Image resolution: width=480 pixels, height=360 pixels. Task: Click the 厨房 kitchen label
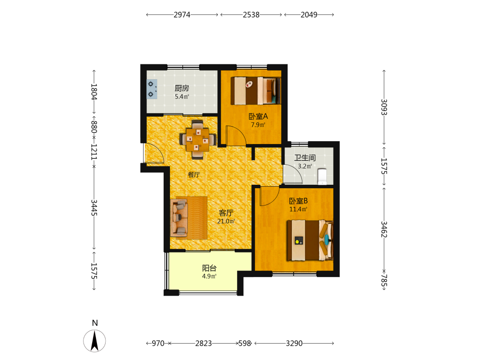pos(182,88)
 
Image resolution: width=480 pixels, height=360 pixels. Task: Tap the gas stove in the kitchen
pos(152,89)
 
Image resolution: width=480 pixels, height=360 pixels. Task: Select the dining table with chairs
pos(198,140)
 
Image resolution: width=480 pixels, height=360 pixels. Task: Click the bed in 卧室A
pos(256,91)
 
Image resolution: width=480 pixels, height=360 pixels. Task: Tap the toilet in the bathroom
pos(323,177)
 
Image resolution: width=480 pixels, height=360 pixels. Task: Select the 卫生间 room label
pos(305,157)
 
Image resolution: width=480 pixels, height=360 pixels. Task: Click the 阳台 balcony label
pos(209,268)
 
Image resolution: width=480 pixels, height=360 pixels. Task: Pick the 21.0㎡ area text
pos(226,221)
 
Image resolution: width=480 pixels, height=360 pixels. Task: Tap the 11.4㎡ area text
pos(298,209)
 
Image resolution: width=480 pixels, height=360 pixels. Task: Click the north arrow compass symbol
pos(95,341)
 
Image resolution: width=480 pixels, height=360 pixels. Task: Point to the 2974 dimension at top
pos(182,15)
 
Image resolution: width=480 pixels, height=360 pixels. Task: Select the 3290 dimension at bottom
pos(294,344)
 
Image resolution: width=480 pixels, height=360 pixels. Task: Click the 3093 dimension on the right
pos(384,107)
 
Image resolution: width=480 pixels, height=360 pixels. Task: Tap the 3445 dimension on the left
pos(94,207)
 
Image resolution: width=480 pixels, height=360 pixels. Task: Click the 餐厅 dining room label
pos(194,175)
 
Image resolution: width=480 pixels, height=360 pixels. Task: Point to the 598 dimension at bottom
pos(245,344)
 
